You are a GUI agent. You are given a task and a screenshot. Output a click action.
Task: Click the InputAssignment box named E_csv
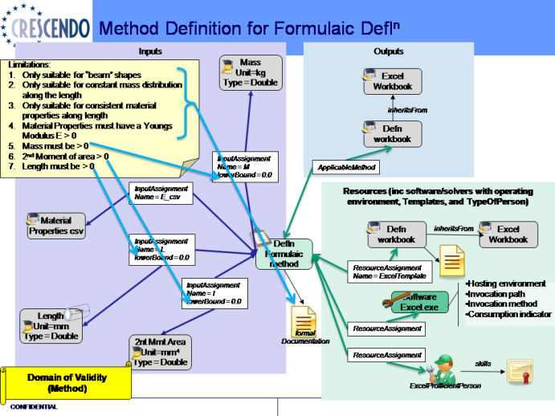coord(161,194)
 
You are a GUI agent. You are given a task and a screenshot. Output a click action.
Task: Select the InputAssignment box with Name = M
coord(242,165)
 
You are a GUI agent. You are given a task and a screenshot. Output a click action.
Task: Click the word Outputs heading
coord(389,51)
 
